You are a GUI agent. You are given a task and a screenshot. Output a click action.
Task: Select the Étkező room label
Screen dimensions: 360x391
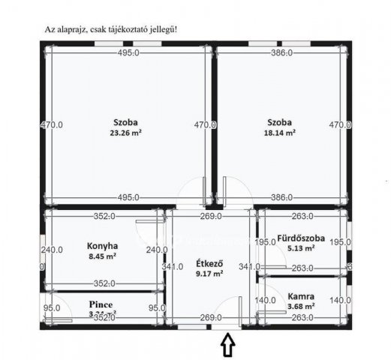(208, 263)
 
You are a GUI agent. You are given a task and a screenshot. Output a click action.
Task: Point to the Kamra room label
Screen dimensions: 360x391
(300, 296)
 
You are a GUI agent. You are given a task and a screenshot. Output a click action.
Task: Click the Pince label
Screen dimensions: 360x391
(101, 304)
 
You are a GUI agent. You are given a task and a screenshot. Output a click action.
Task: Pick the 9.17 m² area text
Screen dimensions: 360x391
(208, 274)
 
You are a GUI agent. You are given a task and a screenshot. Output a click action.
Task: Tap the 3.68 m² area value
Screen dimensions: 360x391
(300, 306)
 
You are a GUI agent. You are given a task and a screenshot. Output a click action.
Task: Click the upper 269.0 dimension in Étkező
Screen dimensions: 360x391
(210, 217)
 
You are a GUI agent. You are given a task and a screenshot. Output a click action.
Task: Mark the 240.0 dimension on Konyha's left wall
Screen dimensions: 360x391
(51, 250)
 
